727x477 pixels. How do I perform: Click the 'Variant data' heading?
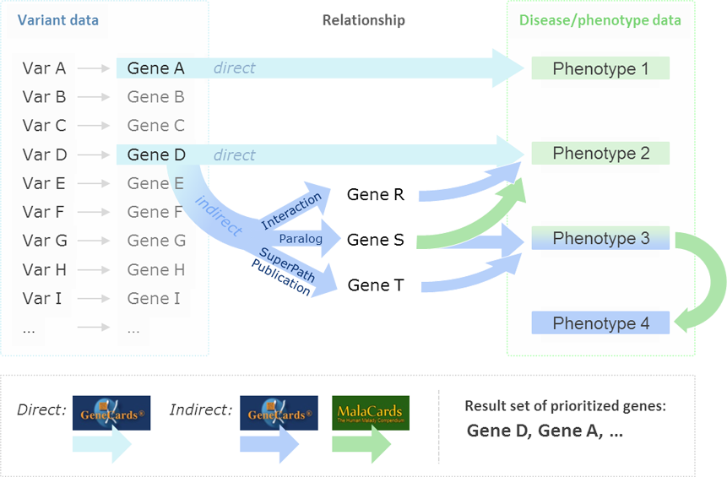(x=57, y=20)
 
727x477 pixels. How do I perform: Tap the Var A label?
(x=44, y=68)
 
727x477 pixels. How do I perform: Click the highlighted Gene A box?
(x=156, y=68)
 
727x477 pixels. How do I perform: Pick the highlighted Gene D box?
(x=156, y=154)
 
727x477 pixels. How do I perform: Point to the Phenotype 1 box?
(x=600, y=68)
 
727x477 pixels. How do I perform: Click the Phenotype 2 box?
(x=600, y=154)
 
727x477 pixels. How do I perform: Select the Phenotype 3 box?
(x=600, y=239)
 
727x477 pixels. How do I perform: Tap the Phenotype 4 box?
(x=600, y=323)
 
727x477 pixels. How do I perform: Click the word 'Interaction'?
(x=291, y=211)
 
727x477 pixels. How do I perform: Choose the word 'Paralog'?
(x=301, y=239)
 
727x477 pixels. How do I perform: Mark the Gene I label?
(x=154, y=298)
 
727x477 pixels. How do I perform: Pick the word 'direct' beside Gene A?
(x=234, y=68)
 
